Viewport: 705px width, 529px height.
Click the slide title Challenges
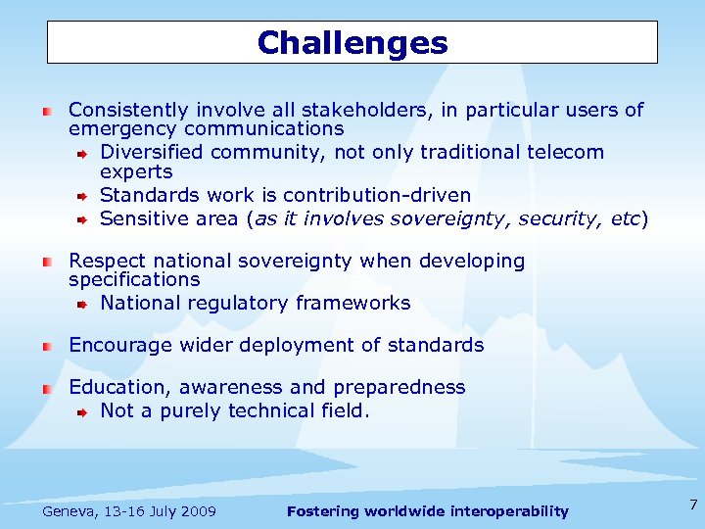click(352, 43)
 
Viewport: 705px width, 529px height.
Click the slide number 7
click(693, 505)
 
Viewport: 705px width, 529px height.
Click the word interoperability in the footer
click(506, 511)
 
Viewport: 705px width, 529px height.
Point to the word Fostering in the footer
click(322, 511)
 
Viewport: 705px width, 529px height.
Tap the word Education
click(114, 387)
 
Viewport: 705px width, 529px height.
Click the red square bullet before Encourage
click(46, 346)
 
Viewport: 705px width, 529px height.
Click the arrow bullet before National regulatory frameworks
click(84, 305)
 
